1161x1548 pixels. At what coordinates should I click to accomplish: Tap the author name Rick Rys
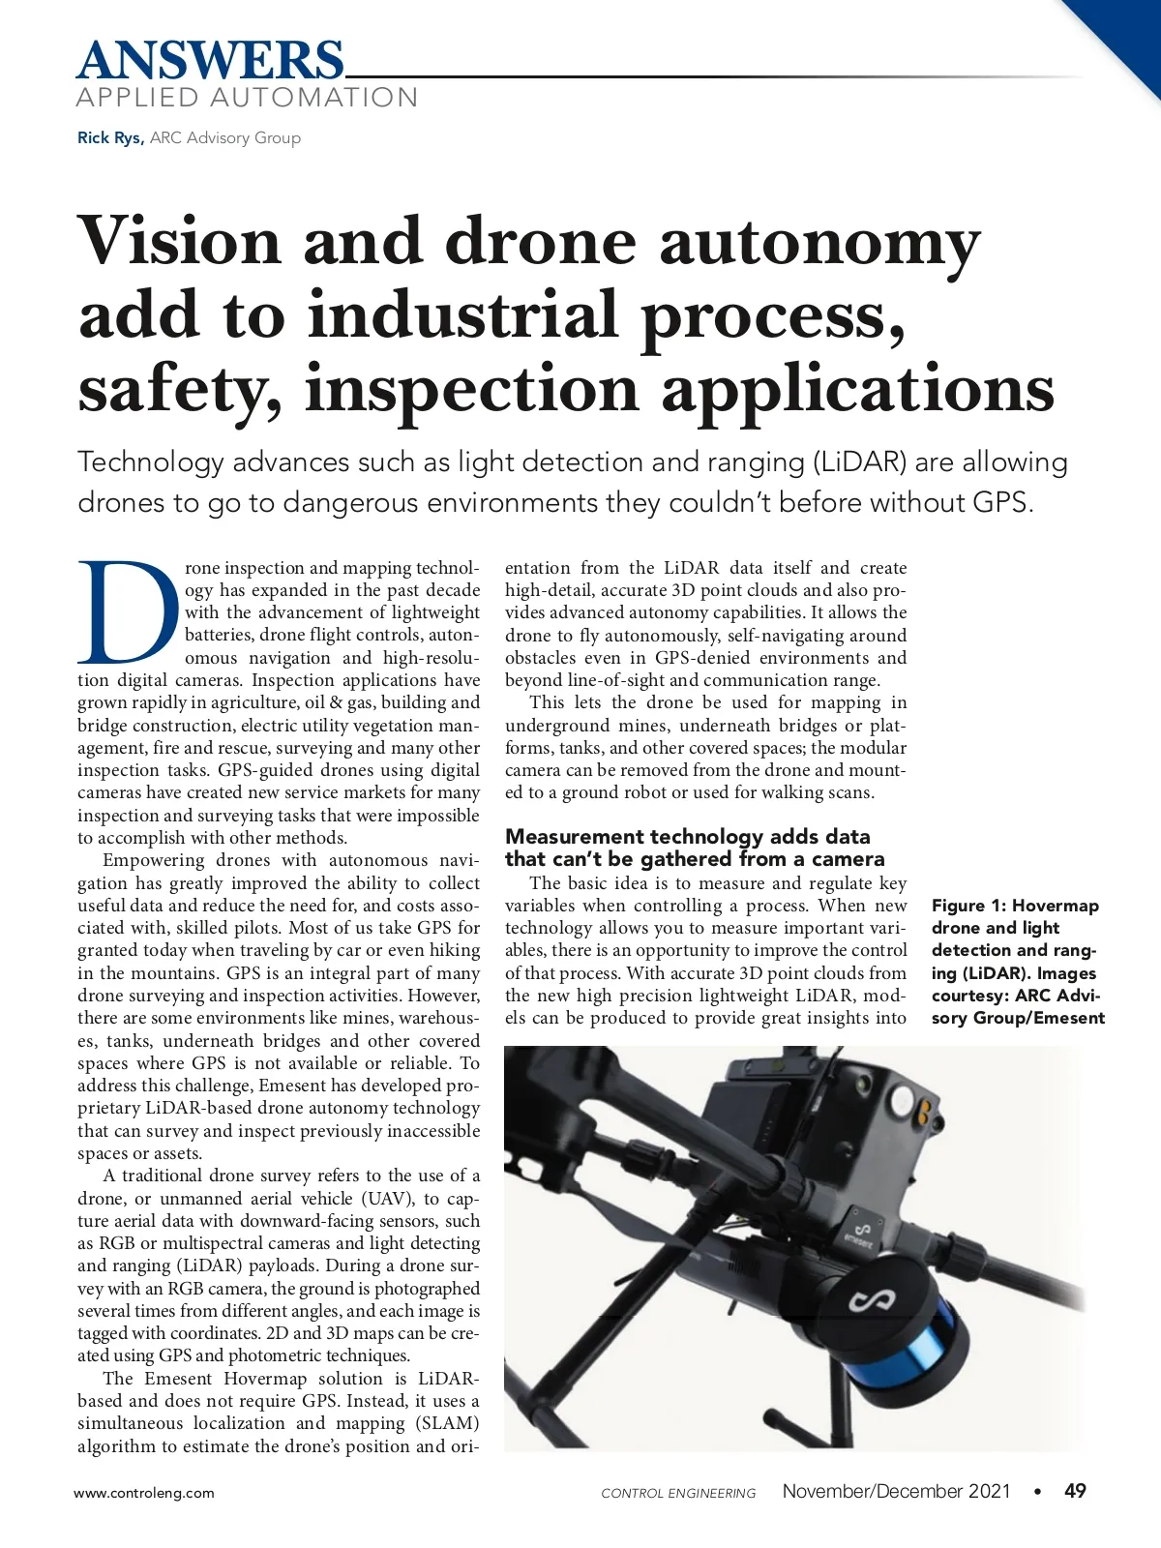(x=109, y=137)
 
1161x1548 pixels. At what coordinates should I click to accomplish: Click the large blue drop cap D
(x=129, y=610)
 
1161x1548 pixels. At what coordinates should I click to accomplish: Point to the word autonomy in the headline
(x=819, y=244)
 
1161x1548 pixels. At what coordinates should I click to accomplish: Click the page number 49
(x=1075, y=1491)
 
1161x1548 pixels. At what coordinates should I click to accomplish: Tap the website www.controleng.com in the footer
(x=144, y=1493)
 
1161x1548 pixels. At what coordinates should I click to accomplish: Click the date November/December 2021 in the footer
(x=896, y=1491)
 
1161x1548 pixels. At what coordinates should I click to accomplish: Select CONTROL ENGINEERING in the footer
(x=678, y=1493)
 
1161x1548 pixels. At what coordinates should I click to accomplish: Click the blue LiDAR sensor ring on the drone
(x=905, y=1347)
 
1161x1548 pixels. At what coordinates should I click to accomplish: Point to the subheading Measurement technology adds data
(x=687, y=836)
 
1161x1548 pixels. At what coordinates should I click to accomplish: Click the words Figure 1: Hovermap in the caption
(x=1015, y=906)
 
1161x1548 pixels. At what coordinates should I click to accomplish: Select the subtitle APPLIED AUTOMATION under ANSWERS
(x=247, y=98)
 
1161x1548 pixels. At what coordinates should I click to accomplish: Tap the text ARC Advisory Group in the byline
(x=225, y=137)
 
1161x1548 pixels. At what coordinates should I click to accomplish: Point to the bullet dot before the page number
(x=1038, y=1491)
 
